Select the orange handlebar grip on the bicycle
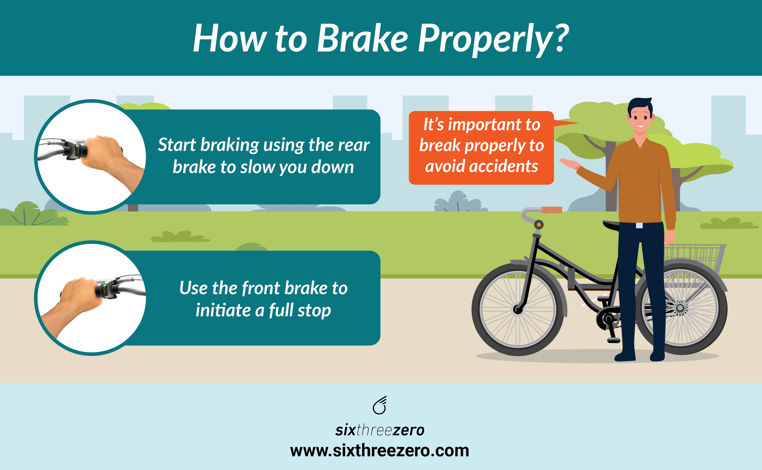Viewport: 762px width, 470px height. click(552, 210)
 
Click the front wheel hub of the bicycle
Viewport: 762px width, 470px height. click(518, 309)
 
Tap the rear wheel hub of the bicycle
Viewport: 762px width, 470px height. click(680, 308)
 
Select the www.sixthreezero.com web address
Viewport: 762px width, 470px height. click(379, 451)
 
